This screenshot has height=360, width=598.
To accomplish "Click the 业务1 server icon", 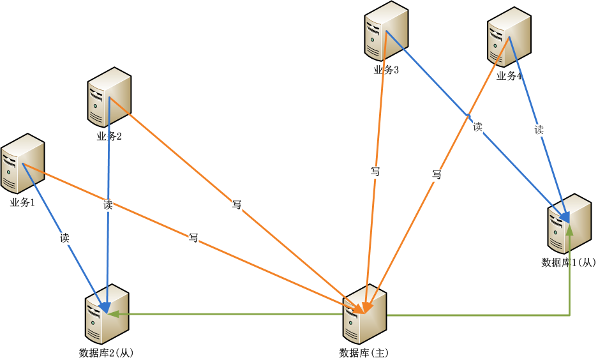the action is pos(22,163).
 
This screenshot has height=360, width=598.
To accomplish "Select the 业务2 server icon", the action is pos(110,97).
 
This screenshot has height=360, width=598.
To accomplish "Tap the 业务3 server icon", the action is pos(386,31).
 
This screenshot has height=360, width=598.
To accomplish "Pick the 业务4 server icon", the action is pos(509,37).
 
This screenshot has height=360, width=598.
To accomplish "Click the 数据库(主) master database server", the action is pos(364,314).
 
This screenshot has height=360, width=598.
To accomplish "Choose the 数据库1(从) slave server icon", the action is pos(569,223).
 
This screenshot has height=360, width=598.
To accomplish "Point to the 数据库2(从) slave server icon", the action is pos(107,314).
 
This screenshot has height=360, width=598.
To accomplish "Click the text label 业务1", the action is pos(22,202).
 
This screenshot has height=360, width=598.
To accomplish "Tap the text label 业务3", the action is pos(386,70).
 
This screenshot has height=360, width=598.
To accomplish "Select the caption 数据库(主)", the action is pos(364,353).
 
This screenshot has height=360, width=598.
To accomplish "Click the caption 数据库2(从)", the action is pos(107,353).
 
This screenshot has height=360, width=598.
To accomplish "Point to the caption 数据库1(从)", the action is pos(569,262).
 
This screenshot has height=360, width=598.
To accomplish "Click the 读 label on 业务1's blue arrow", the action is pos(65,238).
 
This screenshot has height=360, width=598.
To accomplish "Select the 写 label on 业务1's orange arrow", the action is pos(193,237).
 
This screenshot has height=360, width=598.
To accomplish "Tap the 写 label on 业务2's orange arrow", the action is pos(237,205).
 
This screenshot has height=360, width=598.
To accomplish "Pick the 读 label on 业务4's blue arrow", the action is pos(539,130).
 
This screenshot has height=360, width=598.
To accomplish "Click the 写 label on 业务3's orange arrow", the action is pos(375,172).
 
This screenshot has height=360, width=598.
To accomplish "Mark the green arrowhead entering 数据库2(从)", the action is pos(113,314).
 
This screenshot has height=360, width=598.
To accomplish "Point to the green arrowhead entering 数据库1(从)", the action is pos(569,230).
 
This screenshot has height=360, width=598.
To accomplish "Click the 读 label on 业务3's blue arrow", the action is pos(477,126).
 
